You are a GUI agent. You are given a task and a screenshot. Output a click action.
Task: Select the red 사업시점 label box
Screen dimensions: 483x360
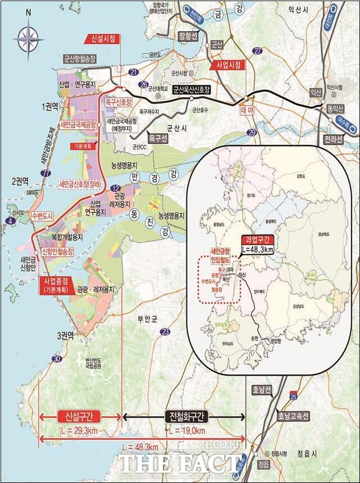coord(228,65)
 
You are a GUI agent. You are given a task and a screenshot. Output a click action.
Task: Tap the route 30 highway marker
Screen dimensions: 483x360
coord(56,359)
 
